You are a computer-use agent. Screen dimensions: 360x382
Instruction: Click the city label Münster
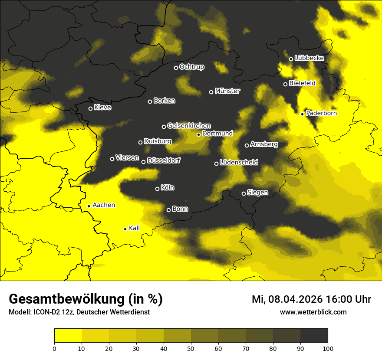pyautogui.click(x=227, y=91)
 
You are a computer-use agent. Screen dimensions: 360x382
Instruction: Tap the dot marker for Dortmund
pyautogui.click(x=199, y=134)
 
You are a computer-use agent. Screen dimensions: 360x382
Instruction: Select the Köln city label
pyautogui.click(x=168, y=188)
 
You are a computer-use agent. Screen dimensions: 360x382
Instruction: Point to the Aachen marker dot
pyautogui.click(x=89, y=206)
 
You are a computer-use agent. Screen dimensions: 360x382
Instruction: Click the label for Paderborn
pyautogui.click(x=321, y=113)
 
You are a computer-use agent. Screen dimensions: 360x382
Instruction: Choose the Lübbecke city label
pyautogui.click(x=309, y=58)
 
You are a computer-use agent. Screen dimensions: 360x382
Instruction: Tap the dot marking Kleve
pyautogui.click(x=91, y=108)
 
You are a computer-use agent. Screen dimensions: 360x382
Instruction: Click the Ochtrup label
pyautogui.click(x=191, y=67)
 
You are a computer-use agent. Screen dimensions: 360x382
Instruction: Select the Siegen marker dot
pyautogui.click(x=244, y=193)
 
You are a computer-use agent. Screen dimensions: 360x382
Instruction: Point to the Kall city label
pyautogui.click(x=134, y=228)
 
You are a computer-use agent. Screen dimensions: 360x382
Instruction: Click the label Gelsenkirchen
pyautogui.click(x=189, y=126)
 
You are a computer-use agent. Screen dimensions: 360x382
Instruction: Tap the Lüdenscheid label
pyautogui.click(x=239, y=163)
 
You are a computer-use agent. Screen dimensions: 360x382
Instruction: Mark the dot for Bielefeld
pyautogui.click(x=286, y=84)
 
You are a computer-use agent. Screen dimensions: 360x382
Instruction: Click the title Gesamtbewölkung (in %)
pyautogui.click(x=86, y=299)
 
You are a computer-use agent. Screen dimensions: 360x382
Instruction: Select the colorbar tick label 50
pyautogui.click(x=191, y=348)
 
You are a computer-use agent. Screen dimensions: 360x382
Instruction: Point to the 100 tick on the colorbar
pyautogui.click(x=328, y=348)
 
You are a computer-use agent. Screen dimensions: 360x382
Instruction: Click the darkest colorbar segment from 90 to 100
pyautogui.click(x=314, y=335)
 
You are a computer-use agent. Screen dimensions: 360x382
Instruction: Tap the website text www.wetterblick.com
pyautogui.click(x=313, y=312)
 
